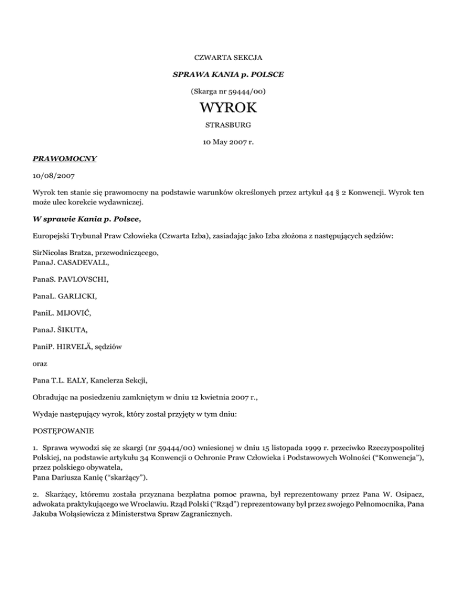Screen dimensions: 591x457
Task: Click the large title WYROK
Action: pos(228,110)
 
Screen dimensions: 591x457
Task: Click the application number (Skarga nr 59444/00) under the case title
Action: pos(228,92)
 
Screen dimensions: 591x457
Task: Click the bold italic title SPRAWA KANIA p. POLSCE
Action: pos(228,76)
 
